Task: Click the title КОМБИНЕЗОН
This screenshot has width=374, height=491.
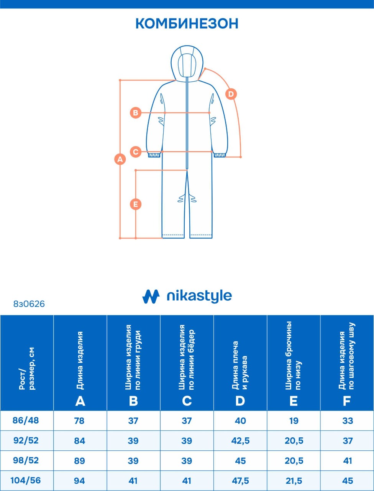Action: point(187,23)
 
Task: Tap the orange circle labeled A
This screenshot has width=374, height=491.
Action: point(120,159)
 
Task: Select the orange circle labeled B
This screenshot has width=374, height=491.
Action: point(136,113)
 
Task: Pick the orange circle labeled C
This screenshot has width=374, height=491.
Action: point(136,152)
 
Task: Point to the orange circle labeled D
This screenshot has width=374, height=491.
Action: point(231,94)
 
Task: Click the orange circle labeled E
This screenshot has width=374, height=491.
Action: point(136,204)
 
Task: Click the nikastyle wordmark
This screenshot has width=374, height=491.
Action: point(199,296)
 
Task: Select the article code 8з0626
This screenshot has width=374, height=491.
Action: point(29,304)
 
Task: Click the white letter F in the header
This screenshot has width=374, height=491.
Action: point(347,401)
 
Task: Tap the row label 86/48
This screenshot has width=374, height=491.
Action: point(26,420)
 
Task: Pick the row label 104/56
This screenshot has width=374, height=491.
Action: point(26,480)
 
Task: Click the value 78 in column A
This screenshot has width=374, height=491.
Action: point(79,421)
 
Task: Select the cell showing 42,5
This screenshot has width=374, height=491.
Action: point(240,441)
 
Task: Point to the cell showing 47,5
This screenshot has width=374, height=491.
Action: point(240,481)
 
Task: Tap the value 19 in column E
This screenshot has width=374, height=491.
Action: point(294,421)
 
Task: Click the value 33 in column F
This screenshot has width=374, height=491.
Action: point(348,421)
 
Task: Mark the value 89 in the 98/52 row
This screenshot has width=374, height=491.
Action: point(79,461)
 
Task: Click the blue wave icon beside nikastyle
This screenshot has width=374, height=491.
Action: point(151,296)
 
